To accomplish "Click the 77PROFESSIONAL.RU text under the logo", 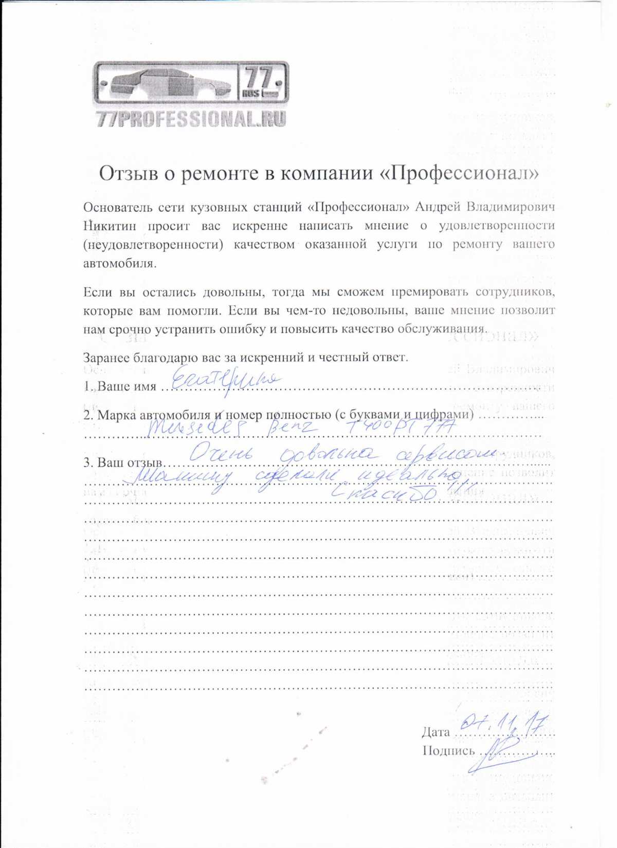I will [191, 119].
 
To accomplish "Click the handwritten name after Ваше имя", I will [225, 381].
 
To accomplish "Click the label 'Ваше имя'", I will [126, 386].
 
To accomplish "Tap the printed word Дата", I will [435, 732].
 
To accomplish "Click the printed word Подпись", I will [448, 751].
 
